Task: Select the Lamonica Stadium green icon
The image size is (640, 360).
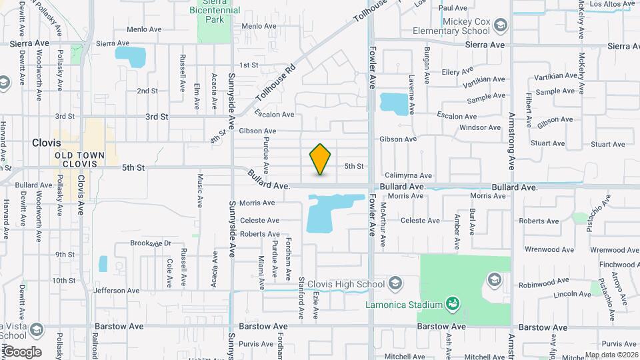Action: [453, 305]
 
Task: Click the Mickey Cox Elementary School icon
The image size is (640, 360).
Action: [501, 25]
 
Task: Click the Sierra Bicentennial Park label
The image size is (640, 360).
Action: [215, 12]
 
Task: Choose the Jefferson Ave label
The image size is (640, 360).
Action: [117, 291]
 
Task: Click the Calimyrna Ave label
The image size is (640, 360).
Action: [408, 176]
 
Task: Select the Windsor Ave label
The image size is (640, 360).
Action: [480, 127]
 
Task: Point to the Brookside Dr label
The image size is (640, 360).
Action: [151, 243]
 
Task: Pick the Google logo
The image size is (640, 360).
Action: [22, 352]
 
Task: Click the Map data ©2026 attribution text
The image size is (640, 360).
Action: [611, 355]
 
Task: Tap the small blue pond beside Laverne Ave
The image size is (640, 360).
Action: [393, 103]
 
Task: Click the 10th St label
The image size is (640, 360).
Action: [65, 281]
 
